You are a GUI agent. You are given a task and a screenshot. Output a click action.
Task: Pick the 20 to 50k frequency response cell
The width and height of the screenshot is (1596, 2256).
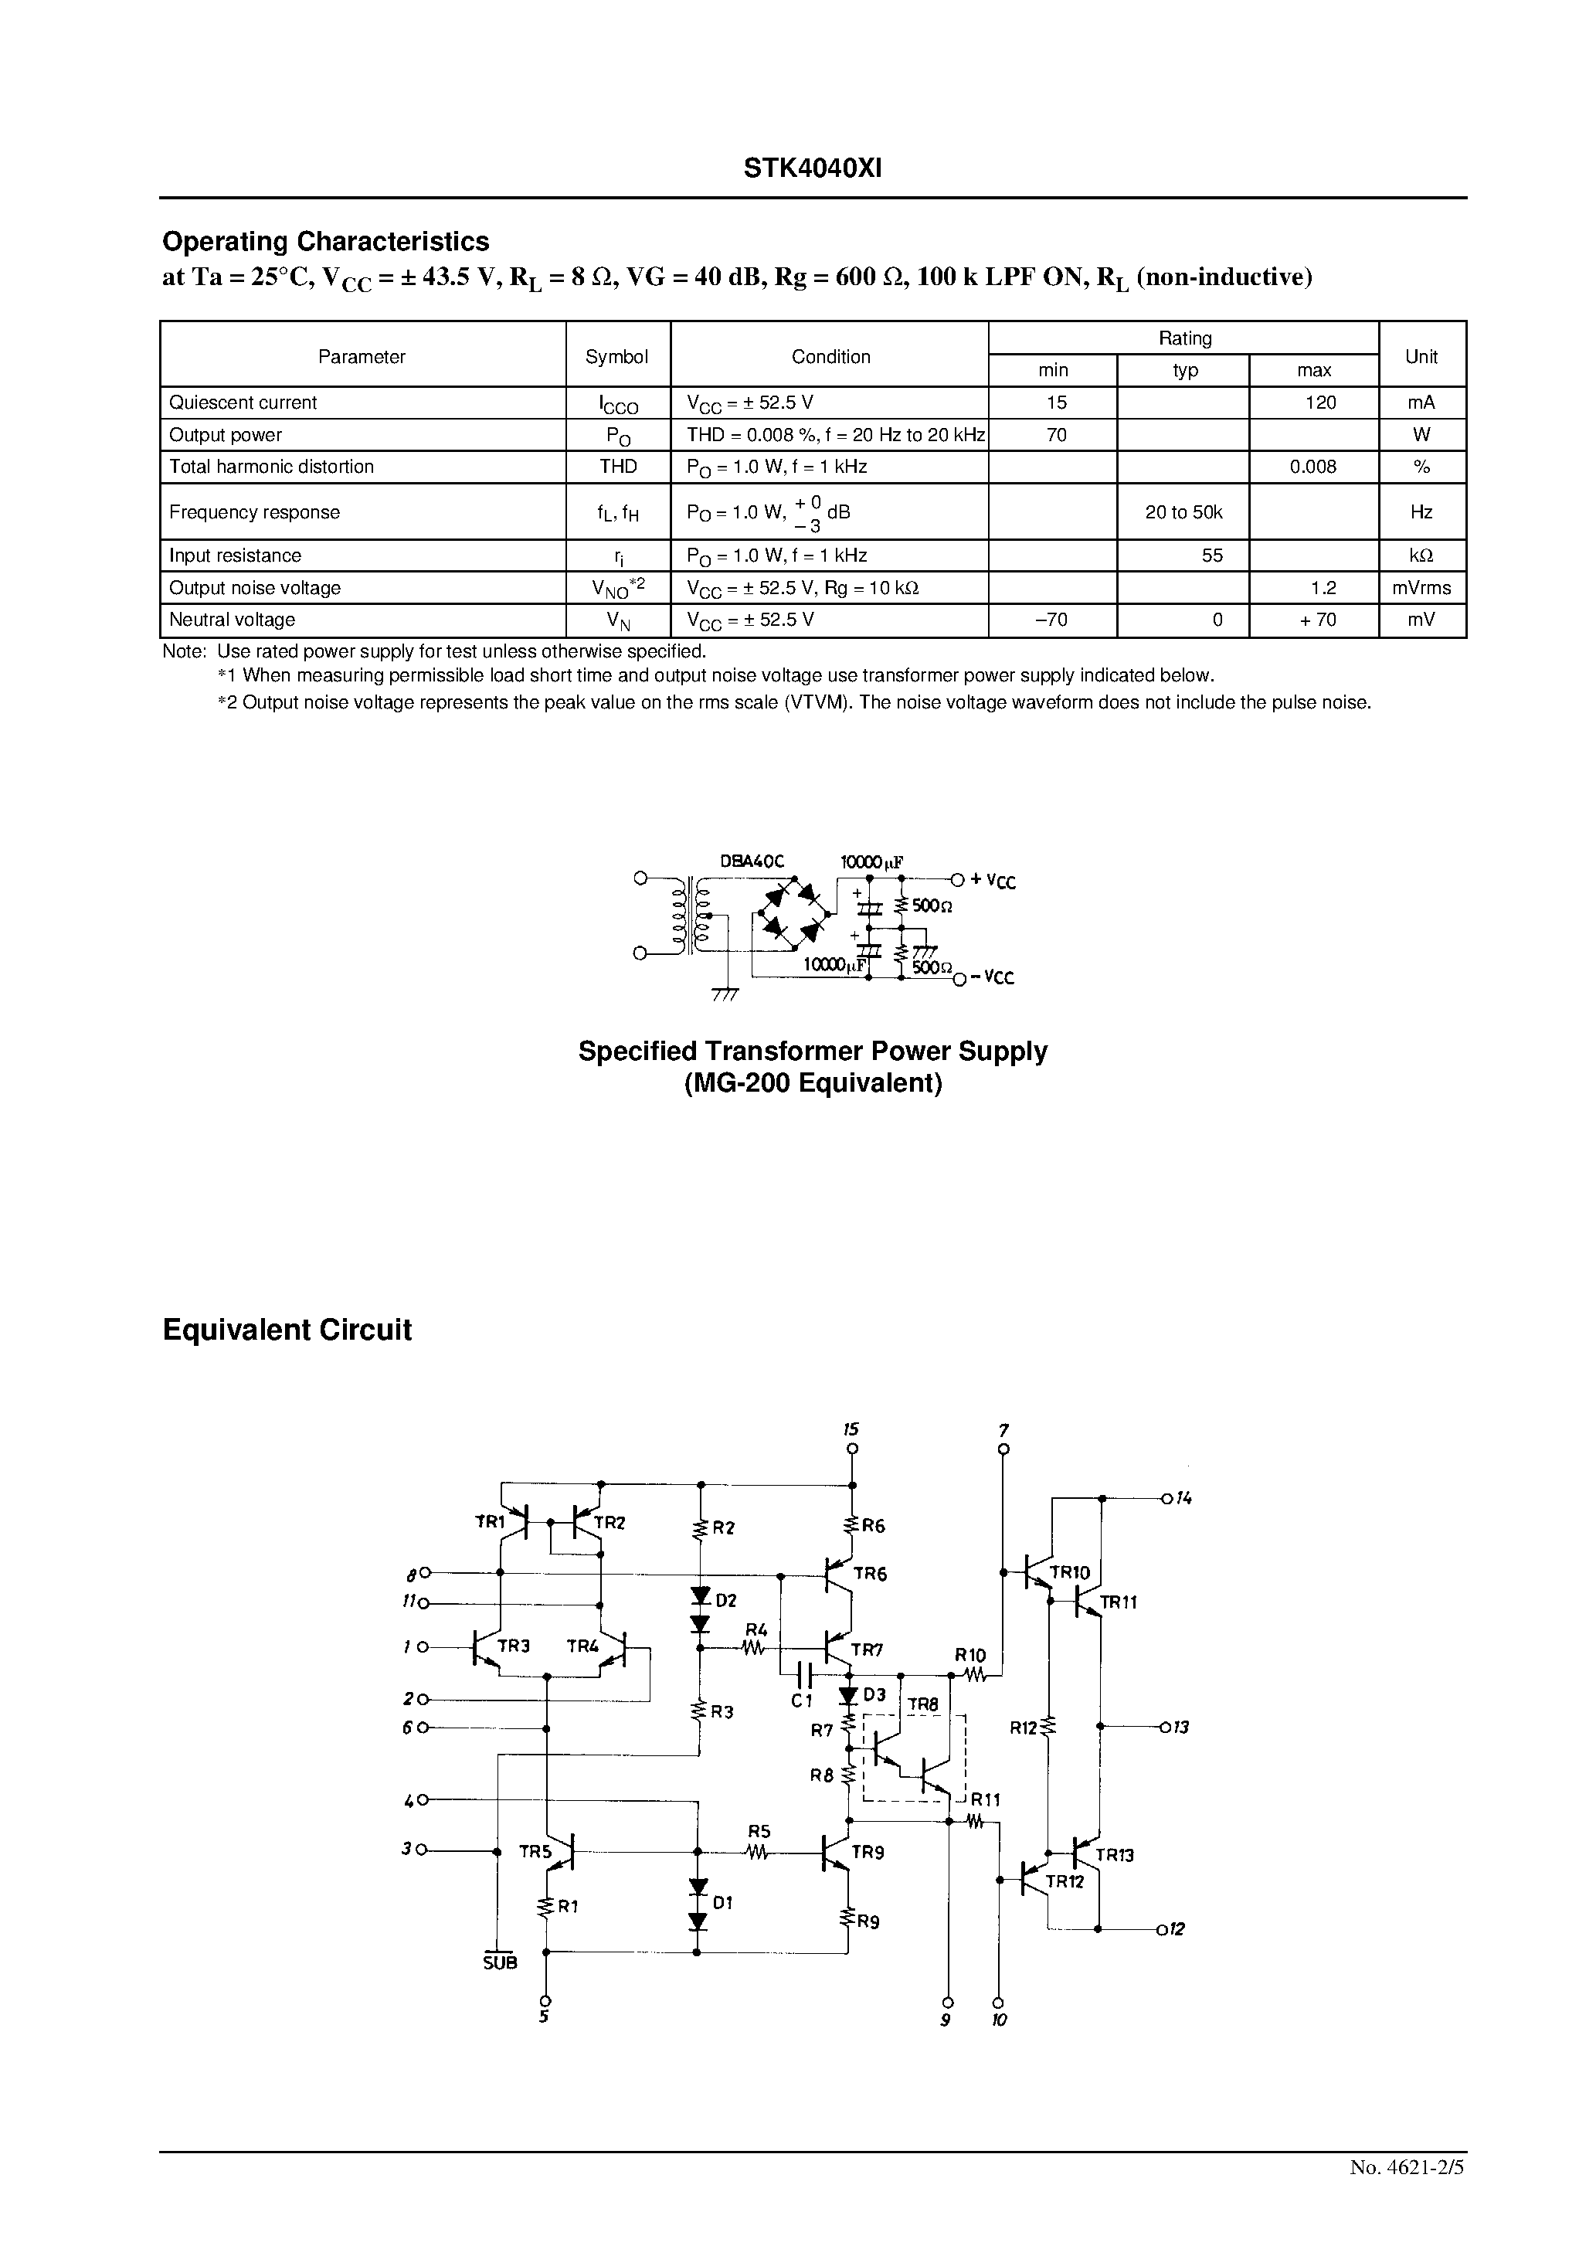coord(1183,512)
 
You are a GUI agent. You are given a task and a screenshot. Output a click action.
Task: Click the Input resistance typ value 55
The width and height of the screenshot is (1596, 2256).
coord(1212,556)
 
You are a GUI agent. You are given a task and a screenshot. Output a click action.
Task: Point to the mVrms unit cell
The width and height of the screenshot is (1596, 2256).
coord(1421,588)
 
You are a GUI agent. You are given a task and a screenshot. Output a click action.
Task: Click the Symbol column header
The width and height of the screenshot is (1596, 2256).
coord(616,357)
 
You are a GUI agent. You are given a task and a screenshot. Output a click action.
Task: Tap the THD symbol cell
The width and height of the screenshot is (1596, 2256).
coord(618,467)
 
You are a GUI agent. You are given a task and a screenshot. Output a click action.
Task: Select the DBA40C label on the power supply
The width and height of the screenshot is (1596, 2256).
coord(752,861)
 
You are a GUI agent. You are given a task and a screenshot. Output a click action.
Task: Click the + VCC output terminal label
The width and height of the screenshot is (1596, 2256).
coord(993,882)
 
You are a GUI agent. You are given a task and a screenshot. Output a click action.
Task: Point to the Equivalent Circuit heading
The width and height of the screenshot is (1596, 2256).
coord(287,1330)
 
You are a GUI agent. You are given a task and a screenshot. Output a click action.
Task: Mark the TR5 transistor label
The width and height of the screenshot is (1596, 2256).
coord(535,1852)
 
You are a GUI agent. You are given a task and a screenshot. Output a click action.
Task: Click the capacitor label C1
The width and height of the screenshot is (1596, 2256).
coord(802,1700)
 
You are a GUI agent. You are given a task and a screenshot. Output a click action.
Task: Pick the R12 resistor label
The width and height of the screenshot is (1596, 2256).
coord(1023,1728)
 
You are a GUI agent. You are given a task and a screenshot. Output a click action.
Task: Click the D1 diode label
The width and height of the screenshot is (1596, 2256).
coord(722,1902)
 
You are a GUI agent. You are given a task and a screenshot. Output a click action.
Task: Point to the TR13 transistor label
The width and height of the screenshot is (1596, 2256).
coord(1115,1855)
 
